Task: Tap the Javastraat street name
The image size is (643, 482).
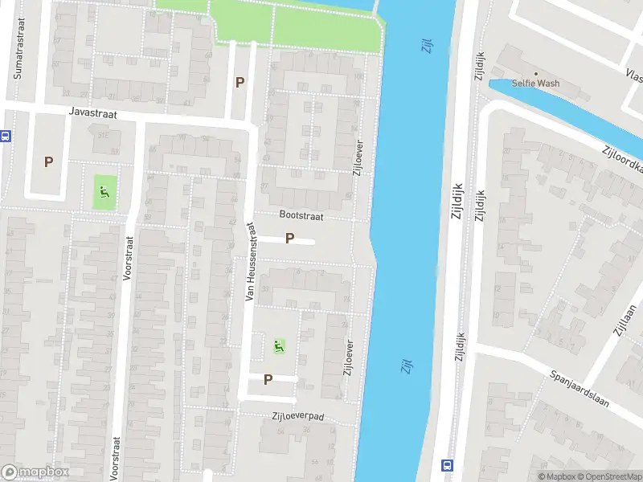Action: point(93,115)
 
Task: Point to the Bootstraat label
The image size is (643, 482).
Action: point(300,215)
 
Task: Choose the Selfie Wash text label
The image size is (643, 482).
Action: point(538,84)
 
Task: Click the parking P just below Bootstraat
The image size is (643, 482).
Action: point(289,239)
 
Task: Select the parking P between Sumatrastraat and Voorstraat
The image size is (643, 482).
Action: point(48,161)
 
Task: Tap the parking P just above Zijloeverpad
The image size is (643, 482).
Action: point(268,379)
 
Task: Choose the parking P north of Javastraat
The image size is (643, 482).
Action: point(239,82)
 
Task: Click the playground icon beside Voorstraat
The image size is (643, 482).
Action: point(104,192)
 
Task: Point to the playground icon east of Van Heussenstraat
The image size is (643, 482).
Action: point(279,346)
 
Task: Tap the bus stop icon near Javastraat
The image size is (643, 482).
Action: point(5,136)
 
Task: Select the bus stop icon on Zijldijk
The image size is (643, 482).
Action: point(446,464)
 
